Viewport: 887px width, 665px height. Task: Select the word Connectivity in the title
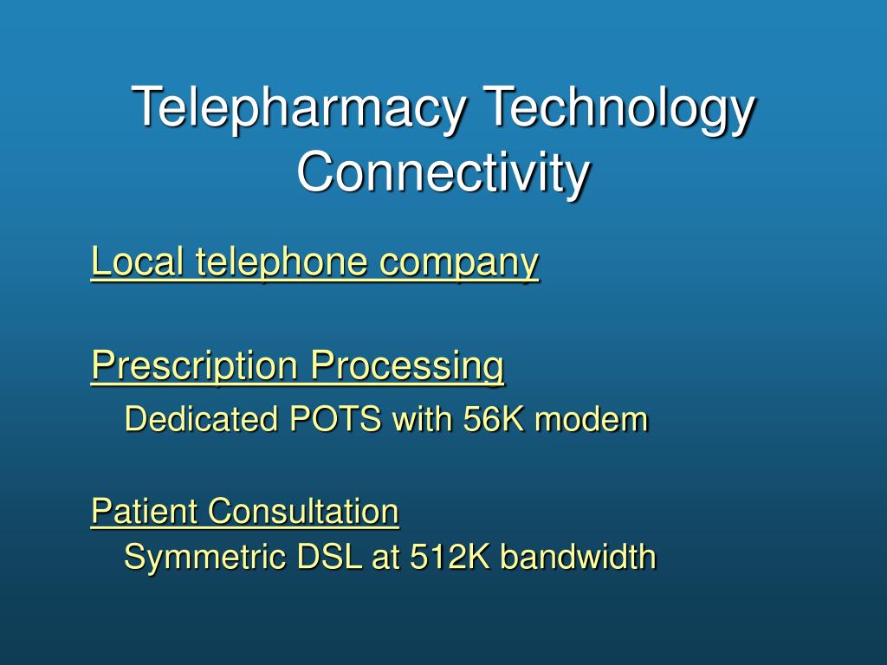pyautogui.click(x=443, y=171)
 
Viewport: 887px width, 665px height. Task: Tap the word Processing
pyautogui.click(x=407, y=365)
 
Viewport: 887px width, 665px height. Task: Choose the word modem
pyautogui.click(x=591, y=419)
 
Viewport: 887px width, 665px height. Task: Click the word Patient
pyautogui.click(x=144, y=511)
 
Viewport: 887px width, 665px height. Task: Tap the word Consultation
pyautogui.click(x=304, y=511)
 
